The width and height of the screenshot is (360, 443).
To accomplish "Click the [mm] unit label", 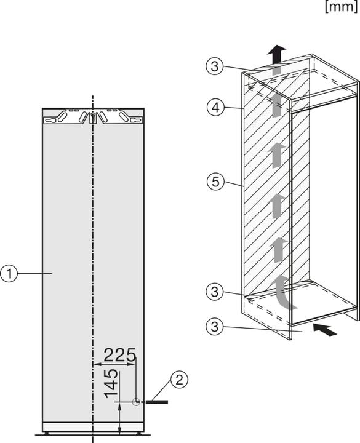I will [340, 8].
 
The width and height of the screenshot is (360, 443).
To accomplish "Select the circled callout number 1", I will [9, 273].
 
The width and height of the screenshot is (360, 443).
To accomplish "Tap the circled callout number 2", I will [178, 380].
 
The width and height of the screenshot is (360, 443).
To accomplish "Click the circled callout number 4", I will [213, 107].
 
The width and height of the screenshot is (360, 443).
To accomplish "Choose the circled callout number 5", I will [213, 182].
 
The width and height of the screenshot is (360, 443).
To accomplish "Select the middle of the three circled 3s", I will [213, 291].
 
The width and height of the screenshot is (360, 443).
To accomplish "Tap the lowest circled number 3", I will [213, 324].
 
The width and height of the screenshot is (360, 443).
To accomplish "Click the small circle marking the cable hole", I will [136, 401].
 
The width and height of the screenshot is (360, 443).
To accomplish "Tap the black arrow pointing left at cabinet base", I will [326, 330].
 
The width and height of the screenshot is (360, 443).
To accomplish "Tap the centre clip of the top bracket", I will [92, 118].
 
